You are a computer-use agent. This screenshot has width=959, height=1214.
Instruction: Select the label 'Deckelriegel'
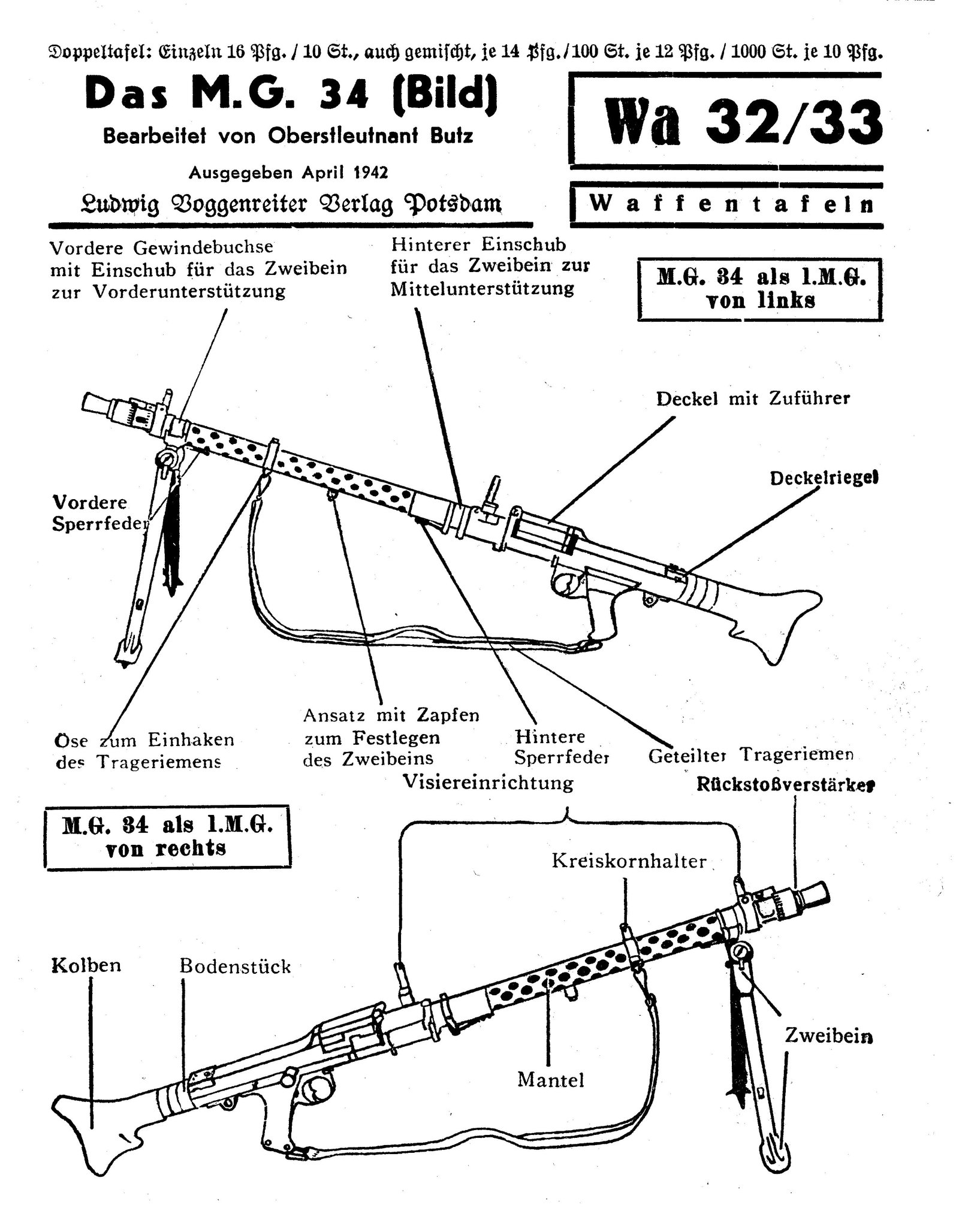(824, 479)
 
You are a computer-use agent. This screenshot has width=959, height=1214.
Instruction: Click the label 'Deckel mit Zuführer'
(753, 399)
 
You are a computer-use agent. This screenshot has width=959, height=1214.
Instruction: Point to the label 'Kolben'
(86, 965)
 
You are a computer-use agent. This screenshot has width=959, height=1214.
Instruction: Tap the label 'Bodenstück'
(235, 966)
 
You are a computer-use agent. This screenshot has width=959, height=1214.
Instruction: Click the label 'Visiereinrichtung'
(488, 783)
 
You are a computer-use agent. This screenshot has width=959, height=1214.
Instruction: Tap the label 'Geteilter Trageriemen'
(750, 755)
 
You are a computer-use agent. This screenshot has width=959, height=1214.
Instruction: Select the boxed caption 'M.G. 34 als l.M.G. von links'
(761, 289)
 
